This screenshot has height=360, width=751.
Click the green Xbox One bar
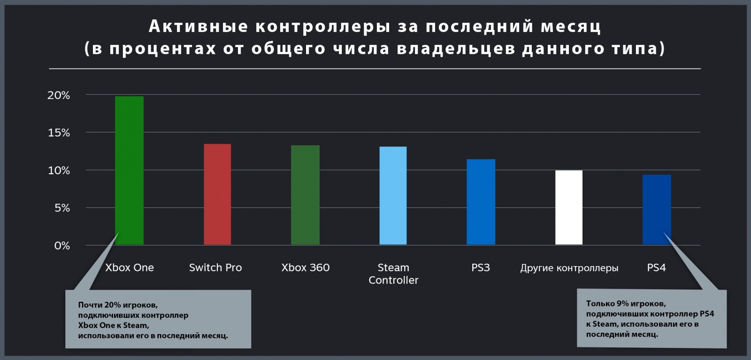[x=129, y=170]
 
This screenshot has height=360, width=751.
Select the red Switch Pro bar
[x=217, y=194]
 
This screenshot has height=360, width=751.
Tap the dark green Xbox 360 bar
[x=305, y=195]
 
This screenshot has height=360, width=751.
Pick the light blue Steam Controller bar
[x=393, y=196]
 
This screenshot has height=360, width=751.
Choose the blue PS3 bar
[x=481, y=202]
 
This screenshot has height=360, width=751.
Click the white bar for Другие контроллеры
[x=568, y=207]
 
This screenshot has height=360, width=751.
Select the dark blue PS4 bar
[x=657, y=209]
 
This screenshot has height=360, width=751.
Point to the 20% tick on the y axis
[x=59, y=95]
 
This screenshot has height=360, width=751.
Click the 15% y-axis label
[x=59, y=133]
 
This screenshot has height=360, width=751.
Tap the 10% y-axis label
[x=59, y=170]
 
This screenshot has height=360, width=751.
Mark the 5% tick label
[x=62, y=208]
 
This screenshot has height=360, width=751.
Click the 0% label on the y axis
[x=62, y=245]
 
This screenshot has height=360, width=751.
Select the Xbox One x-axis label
[x=130, y=268]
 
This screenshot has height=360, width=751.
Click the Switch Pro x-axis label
[x=215, y=268]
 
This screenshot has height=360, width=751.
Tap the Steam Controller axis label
[x=393, y=274]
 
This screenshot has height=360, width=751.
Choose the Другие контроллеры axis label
[x=569, y=268]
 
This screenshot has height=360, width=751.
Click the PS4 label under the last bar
[x=656, y=268]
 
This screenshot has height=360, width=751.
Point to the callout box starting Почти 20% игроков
[x=158, y=319]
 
